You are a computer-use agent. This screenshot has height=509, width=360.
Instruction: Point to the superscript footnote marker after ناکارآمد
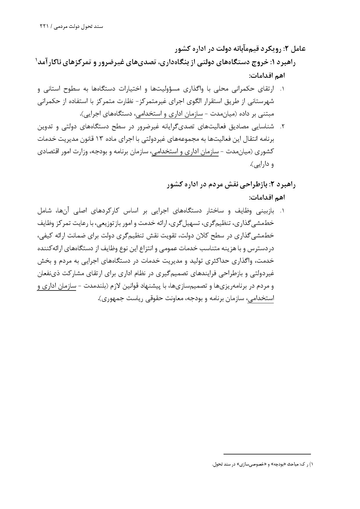coord(37,59)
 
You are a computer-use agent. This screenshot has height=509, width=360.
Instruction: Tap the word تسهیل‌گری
coord(192,223)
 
